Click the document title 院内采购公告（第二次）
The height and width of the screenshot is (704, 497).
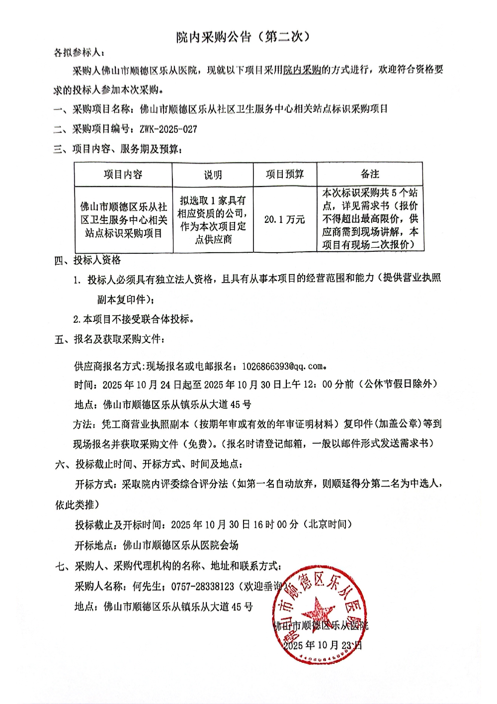click(243, 37)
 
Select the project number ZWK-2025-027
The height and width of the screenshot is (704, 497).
click(168, 129)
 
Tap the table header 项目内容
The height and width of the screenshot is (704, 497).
click(123, 175)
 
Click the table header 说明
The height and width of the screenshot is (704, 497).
click(213, 175)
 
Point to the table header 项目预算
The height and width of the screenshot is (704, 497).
click(285, 174)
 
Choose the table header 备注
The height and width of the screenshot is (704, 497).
click(370, 174)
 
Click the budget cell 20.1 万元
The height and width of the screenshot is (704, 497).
click(284, 219)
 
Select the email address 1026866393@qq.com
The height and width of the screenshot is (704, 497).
click(282, 366)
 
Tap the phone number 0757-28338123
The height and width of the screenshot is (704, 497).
click(202, 587)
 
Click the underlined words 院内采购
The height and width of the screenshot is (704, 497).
click(302, 70)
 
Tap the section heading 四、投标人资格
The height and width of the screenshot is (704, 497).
click(87, 260)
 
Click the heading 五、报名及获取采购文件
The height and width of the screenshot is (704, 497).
click(109, 339)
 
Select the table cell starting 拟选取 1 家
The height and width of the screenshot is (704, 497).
click(213, 219)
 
